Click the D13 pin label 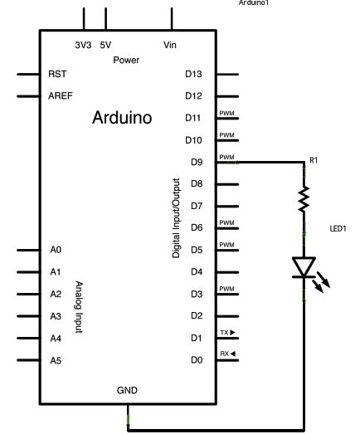point(193,74)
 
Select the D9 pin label point(197,162)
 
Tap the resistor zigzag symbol point(304,199)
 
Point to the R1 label point(314,160)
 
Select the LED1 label point(338,229)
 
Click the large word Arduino point(122,117)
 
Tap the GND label point(127,390)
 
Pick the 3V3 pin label point(83,45)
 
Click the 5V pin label point(105,45)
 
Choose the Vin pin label point(170,45)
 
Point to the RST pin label point(57,74)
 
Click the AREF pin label point(61,95)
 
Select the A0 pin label point(56,250)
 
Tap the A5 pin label point(56,361)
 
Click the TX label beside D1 point(225,333)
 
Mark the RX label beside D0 point(225,354)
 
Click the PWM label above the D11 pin point(227,113)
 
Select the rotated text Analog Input point(79,307)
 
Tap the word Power point(126,60)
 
